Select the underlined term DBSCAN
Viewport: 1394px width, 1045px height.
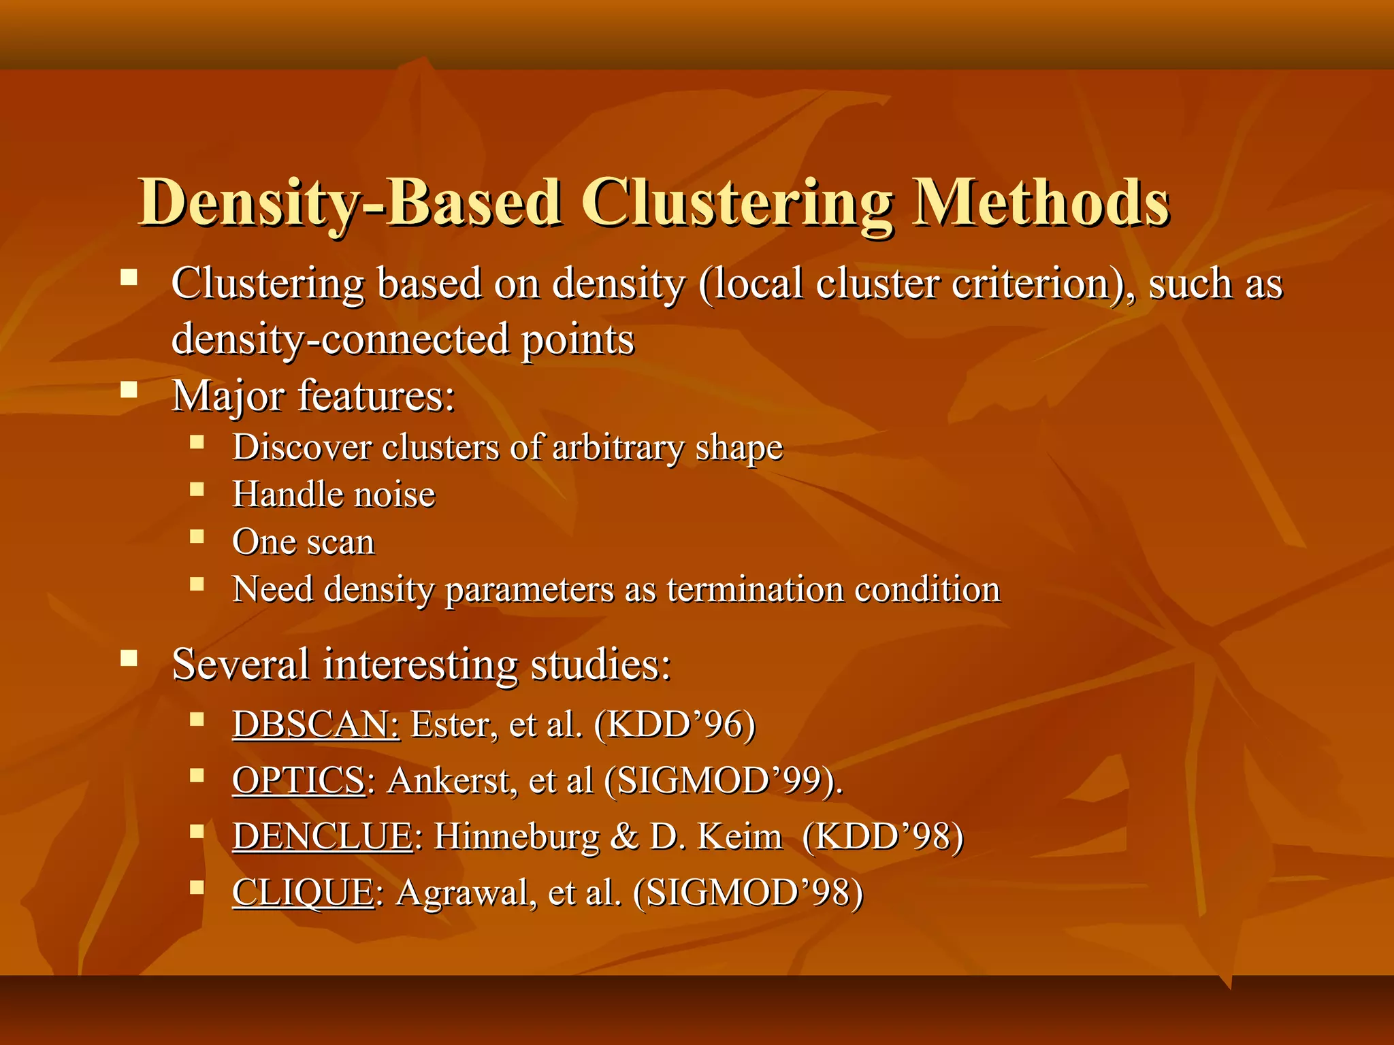316,725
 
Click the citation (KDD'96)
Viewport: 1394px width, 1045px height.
674,725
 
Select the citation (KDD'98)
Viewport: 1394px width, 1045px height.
883,836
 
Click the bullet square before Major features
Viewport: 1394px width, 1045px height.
129,389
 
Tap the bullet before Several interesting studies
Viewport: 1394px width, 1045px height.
129,658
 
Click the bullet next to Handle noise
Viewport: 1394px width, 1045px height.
197,489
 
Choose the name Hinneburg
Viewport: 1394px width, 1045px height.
517,836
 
